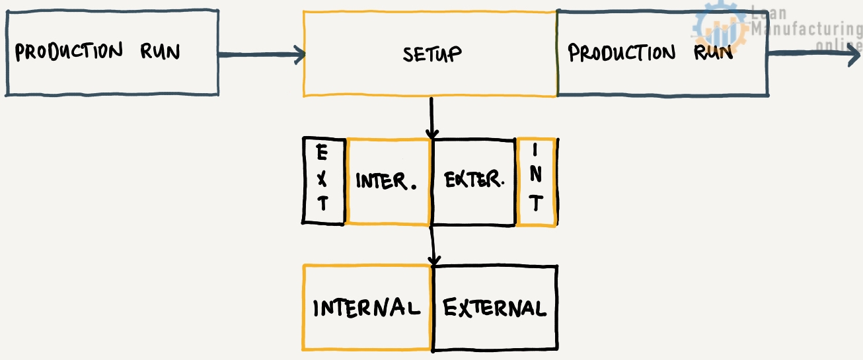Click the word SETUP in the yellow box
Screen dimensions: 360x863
431,54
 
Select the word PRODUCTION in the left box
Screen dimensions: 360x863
69,52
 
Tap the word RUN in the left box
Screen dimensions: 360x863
160,52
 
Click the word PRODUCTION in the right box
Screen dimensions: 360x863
622,53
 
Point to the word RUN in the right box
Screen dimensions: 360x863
713,53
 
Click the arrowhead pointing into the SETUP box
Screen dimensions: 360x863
299,55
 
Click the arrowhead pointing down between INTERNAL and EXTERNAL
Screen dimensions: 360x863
433,259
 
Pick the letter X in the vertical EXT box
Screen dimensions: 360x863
322,179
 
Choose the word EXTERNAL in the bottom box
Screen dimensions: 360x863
494,308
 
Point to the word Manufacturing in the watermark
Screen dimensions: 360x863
807,30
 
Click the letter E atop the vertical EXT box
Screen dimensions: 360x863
322,155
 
